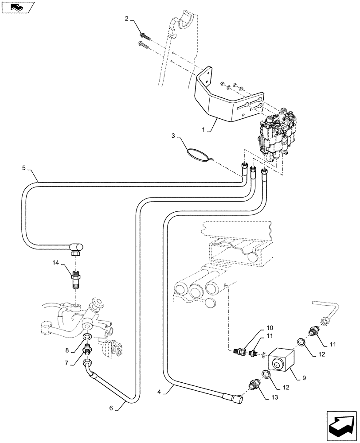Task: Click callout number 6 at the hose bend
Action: click(x=111, y=408)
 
